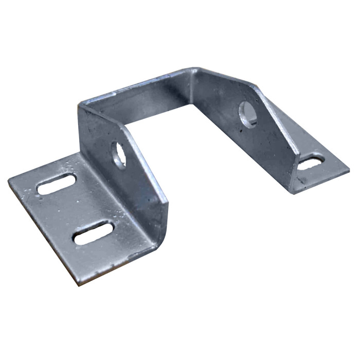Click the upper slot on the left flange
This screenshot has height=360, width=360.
pos(57,184)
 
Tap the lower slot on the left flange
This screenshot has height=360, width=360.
pos(94,232)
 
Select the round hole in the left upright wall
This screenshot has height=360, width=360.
pos(119,155)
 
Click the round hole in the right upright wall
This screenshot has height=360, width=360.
pos(248,114)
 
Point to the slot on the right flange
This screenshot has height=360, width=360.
pos(312,163)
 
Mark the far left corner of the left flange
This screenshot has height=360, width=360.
pos(9,180)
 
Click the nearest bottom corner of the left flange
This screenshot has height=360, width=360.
pos(78,283)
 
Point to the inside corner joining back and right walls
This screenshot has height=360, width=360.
pos(195,87)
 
